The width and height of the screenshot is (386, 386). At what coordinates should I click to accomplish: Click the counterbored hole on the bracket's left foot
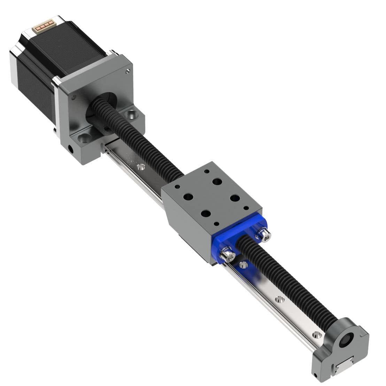click(x=84, y=138)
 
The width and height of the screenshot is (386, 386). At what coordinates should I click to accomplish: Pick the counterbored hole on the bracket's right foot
click(x=131, y=114)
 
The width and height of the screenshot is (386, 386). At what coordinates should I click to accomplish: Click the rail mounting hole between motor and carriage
click(x=140, y=167)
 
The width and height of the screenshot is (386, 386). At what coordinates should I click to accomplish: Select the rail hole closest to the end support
click(x=316, y=335)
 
